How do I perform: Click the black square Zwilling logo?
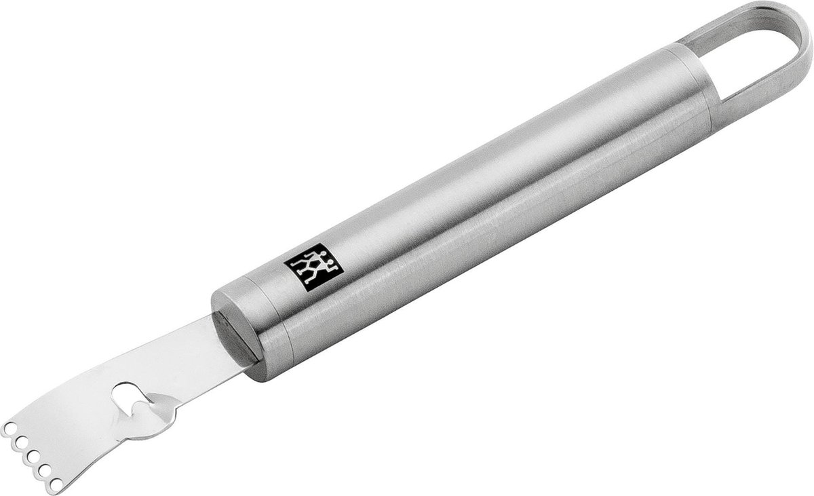[x=313, y=267]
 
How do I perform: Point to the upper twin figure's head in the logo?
[x=324, y=253]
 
